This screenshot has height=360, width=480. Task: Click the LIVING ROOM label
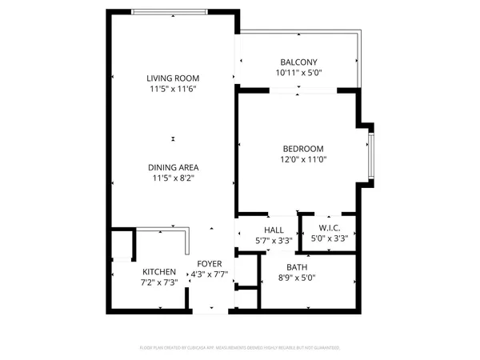point(173,78)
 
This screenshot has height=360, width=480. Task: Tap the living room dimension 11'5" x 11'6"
point(173,89)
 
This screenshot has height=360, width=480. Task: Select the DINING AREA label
point(173,167)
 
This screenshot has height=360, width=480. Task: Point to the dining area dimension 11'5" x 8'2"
point(173,178)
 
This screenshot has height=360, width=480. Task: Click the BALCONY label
point(298,62)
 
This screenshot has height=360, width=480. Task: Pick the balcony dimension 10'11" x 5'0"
point(298,74)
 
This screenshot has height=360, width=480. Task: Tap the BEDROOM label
point(302,149)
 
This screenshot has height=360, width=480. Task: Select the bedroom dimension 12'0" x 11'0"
point(302,160)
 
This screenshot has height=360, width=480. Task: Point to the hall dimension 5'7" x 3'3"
point(274,240)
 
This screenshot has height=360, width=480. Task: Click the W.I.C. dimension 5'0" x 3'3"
point(329,238)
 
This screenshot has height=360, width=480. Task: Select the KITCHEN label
point(159,272)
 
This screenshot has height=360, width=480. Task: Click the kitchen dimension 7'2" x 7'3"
point(159,282)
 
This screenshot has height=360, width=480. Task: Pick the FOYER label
point(209,263)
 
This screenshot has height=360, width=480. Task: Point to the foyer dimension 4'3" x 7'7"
point(209,274)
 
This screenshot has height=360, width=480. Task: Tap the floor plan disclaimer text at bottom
point(240,348)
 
